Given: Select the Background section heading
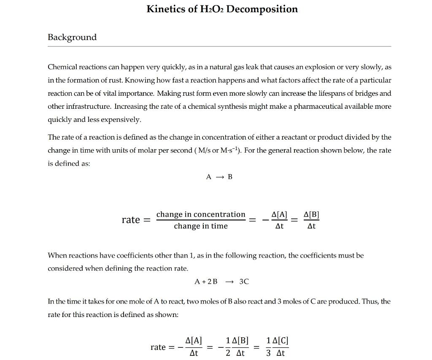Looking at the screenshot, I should [72, 38].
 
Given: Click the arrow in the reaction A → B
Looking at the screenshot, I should [219, 177].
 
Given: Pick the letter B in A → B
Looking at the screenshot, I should [230, 177].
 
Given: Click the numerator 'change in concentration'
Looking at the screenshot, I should [201, 214].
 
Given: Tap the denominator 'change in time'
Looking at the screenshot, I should [201, 226].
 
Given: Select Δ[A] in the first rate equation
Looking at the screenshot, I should [279, 215].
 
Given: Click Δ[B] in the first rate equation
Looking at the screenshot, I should [311, 215].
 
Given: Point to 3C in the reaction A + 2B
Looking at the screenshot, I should [244, 282].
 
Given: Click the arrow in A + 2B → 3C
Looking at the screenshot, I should [229, 282].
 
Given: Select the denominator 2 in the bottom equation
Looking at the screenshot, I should [228, 353].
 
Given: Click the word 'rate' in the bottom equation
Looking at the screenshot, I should [158, 347].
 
